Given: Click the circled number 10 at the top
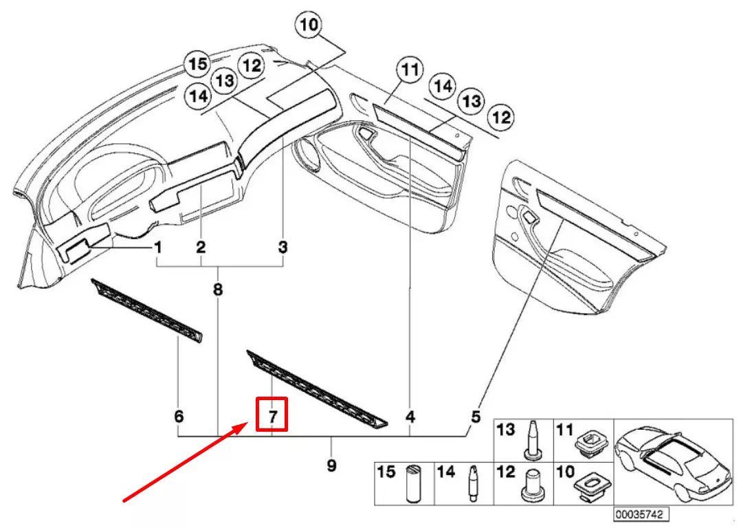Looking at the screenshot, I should [309, 27].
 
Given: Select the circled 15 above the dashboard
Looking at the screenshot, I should [198, 65].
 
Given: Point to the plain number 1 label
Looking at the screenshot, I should [158, 246].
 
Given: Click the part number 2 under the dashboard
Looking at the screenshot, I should [201, 246].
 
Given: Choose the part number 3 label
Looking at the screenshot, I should [283, 246].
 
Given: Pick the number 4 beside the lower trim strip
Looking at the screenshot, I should [410, 417].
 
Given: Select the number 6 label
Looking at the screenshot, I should [179, 417].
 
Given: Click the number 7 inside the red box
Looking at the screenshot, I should [272, 417].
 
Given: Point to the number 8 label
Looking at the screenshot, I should [218, 290].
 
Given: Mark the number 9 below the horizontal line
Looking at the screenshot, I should [331, 465].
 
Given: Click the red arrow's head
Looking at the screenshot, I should [241, 428].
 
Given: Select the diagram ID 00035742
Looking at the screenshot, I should [639, 514].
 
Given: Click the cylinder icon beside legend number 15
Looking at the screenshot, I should [414, 483].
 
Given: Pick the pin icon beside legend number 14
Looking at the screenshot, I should [474, 483].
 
